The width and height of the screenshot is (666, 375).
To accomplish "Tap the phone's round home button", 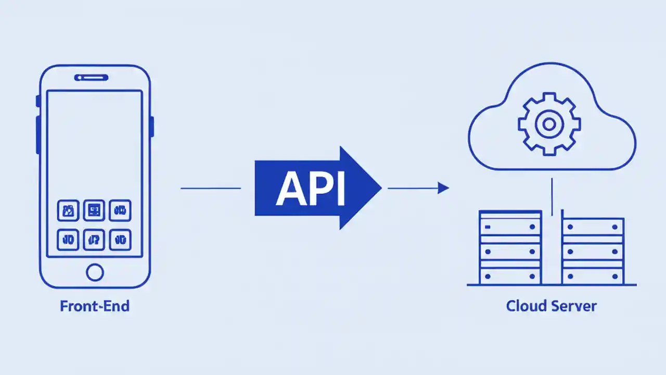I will [95, 272].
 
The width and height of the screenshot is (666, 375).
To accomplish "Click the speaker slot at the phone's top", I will [92, 78].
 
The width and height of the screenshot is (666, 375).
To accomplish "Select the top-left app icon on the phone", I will [68, 210].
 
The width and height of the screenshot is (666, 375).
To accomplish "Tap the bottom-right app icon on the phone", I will [120, 240].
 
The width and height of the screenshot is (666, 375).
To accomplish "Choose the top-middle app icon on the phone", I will [94, 210].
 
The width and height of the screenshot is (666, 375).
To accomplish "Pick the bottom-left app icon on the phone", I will [68, 240].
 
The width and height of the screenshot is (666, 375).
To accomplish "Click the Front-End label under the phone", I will [95, 306].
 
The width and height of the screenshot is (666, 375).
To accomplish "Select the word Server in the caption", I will [575, 306].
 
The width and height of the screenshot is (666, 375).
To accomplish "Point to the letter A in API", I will [290, 189].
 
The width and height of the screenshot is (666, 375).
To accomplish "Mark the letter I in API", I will [340, 189].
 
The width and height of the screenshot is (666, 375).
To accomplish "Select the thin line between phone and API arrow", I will [211, 188].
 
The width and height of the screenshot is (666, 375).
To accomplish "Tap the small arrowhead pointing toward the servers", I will [443, 188].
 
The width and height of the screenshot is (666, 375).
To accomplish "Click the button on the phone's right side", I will [152, 127].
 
